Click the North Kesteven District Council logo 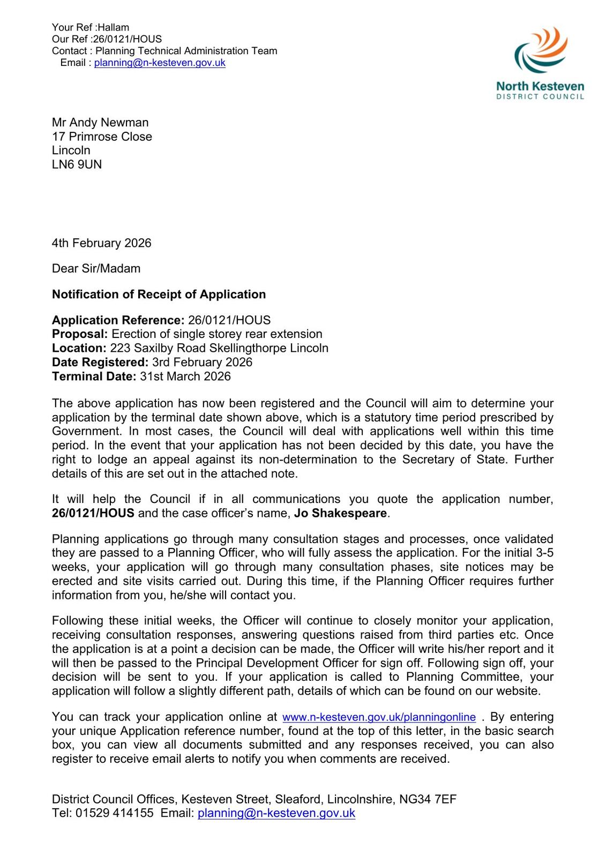pyautogui.click(x=540, y=63)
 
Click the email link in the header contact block pyautogui.click(x=160, y=63)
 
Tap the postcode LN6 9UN pyautogui.click(x=77, y=164)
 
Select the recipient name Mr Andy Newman pyautogui.click(x=100, y=123)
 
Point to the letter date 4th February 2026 pyautogui.click(x=102, y=243)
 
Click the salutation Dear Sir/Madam pyautogui.click(x=96, y=268)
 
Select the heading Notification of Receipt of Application pyautogui.click(x=159, y=295)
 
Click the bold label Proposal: pyautogui.click(x=80, y=334)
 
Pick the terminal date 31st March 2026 pyautogui.click(x=185, y=377)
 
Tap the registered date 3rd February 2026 pyautogui.click(x=202, y=362)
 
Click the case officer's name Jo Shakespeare pyautogui.click(x=340, y=513)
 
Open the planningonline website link pyautogui.click(x=379, y=717)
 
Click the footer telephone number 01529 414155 pyautogui.click(x=114, y=813)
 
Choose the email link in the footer pyautogui.click(x=276, y=813)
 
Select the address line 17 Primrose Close pyautogui.click(x=102, y=137)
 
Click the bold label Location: pyautogui.click(x=79, y=348)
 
